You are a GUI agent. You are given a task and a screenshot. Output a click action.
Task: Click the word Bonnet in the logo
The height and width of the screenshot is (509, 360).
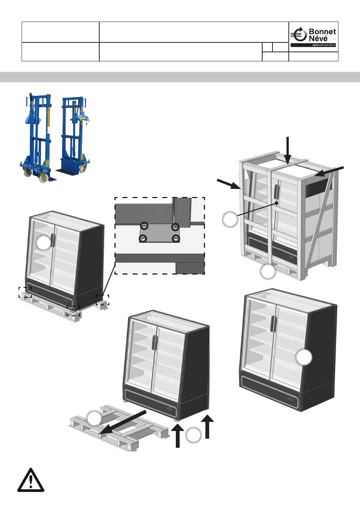pos(322,32)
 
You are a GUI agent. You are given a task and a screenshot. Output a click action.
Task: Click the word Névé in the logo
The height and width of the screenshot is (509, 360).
pos(318,38)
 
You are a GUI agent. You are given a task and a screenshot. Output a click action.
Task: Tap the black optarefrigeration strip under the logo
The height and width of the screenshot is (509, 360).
pos(313,45)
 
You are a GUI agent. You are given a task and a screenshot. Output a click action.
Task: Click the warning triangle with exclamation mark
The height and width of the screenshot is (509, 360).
pos(30,480)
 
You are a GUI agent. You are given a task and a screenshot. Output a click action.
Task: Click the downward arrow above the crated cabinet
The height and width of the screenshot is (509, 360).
pos(288,150)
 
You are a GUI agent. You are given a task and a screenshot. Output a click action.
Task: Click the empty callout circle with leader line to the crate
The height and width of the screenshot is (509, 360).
pos(230,219)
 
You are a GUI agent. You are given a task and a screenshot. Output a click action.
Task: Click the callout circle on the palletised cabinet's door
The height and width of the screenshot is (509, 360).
pos(44,242)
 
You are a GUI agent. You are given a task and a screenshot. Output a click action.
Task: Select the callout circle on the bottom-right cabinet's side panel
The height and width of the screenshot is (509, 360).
pos(304,358)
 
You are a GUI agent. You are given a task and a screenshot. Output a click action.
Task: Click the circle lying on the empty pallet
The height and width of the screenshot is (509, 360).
pos(94,418)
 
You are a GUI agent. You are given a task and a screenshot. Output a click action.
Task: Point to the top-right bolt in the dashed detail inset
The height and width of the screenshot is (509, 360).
pos(175,227)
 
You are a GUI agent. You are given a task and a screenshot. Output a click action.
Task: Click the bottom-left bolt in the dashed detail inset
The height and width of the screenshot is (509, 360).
pos(143,239)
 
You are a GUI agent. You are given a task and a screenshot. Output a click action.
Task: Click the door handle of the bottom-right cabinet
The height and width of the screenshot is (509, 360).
pos(272,324)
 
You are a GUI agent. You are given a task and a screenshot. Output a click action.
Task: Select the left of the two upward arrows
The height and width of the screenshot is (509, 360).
pos(178,436)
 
